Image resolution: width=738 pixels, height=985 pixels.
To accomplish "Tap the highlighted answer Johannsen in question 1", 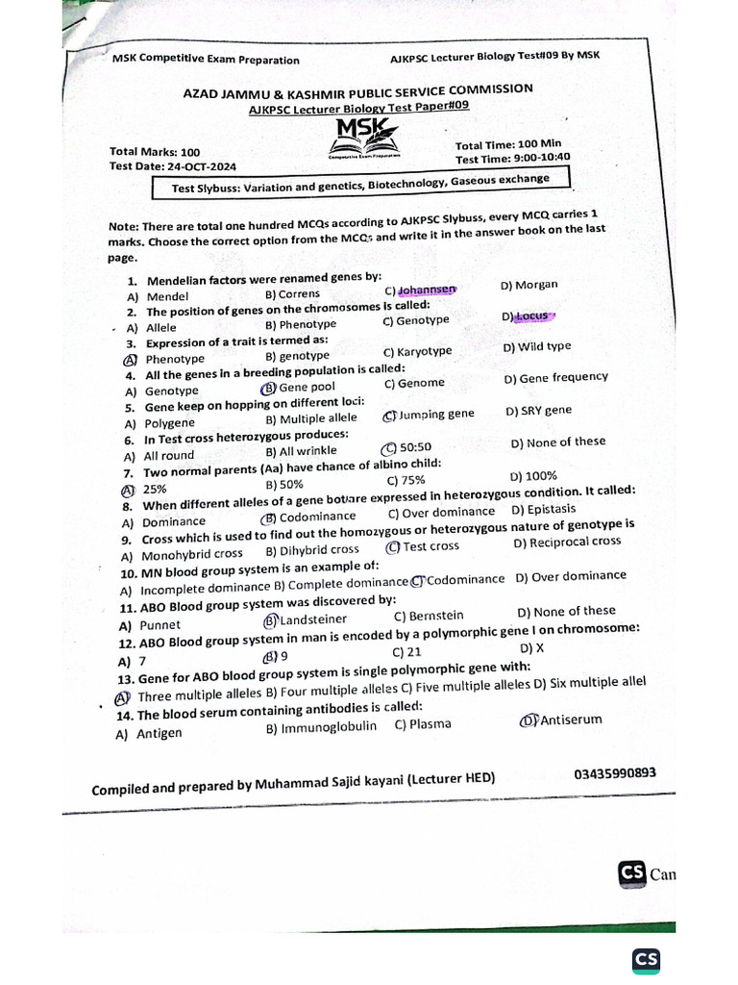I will coord(421,290).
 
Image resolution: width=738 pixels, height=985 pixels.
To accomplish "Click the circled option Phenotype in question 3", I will coord(165,359).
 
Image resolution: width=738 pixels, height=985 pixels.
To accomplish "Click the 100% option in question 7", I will coord(533,475).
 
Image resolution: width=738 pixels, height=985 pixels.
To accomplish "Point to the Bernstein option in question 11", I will coord(429,616).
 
